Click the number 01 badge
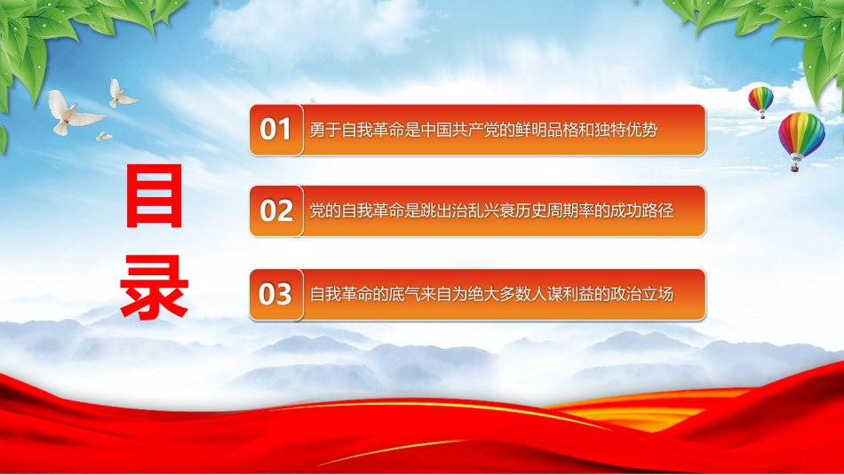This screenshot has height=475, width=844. (276, 131)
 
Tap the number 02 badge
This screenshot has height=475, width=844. (276, 211)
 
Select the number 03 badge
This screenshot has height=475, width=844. (276, 295)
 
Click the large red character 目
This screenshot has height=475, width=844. (155, 196)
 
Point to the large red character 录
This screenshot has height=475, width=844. (155, 288)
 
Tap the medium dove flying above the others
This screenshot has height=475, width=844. (121, 95)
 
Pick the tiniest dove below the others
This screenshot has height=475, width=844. (104, 137)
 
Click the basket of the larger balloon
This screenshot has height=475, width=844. (794, 168)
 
